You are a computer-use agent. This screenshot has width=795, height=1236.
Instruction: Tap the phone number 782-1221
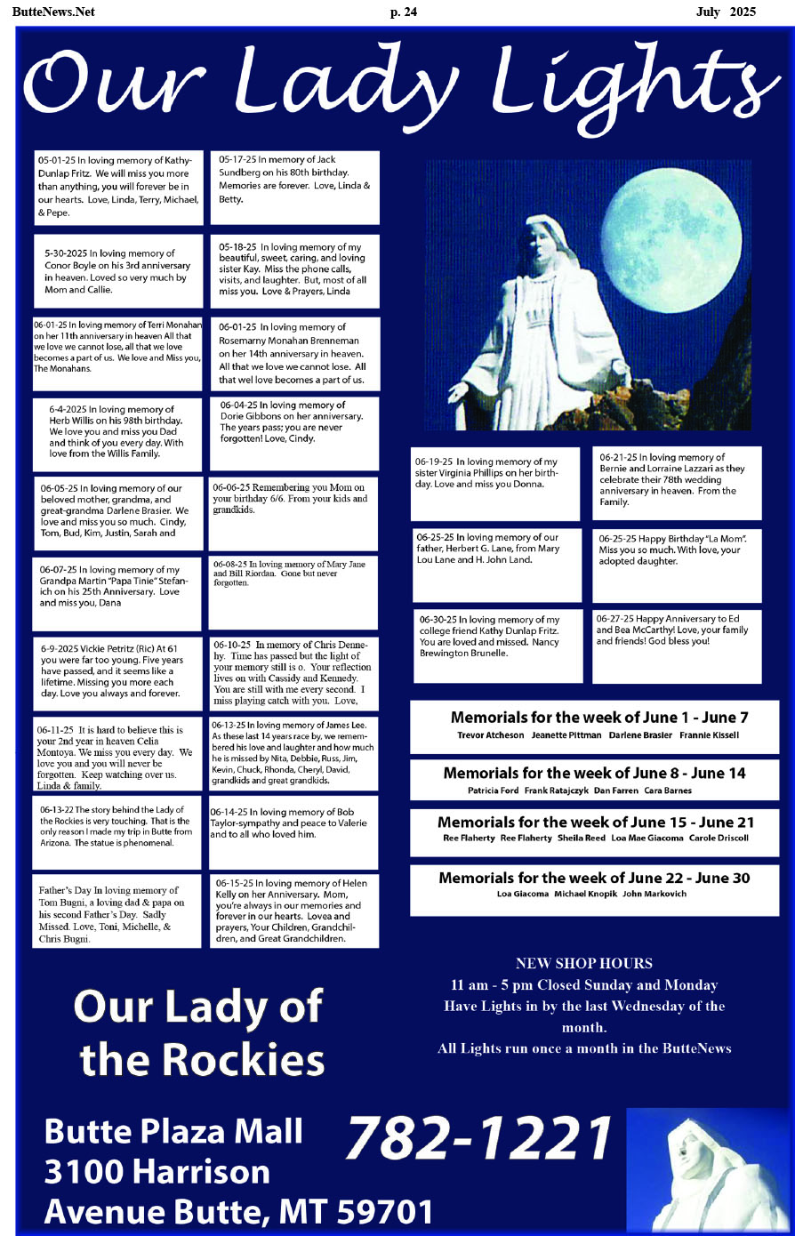pyautogui.click(x=478, y=1138)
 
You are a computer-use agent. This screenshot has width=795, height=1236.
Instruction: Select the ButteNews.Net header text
pyautogui.click(x=53, y=12)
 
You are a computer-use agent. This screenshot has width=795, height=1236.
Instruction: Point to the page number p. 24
pyautogui.click(x=403, y=12)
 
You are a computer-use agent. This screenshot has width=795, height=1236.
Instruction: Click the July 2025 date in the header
pyautogui.click(x=726, y=12)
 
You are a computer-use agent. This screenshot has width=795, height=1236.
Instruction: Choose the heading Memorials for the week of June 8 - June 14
pyautogui.click(x=594, y=773)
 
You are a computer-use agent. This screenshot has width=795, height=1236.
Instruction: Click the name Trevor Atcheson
pyautogui.click(x=490, y=735)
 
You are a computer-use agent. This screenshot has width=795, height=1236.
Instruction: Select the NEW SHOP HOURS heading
pyautogui.click(x=583, y=963)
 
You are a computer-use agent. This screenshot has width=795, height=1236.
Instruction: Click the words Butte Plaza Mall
pyautogui.click(x=173, y=1131)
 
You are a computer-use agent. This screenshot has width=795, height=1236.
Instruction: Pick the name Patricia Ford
pyautogui.click(x=493, y=791)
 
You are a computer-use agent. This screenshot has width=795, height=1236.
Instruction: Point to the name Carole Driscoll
pyautogui.click(x=719, y=838)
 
